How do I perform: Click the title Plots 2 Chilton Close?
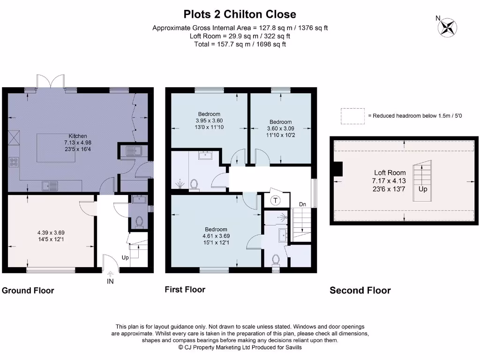240,14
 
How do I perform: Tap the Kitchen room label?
78,136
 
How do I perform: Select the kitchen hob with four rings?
14,163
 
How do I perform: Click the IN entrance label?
110,281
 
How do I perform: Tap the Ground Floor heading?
28,291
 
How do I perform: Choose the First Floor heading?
185,290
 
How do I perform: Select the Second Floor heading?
360,291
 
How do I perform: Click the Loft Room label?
390,172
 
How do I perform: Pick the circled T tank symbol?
275,200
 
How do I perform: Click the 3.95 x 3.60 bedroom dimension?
209,120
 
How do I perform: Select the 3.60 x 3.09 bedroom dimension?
280,128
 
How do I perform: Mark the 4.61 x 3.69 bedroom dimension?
216,236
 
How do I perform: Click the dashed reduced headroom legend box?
353,115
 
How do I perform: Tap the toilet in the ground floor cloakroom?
138,221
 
